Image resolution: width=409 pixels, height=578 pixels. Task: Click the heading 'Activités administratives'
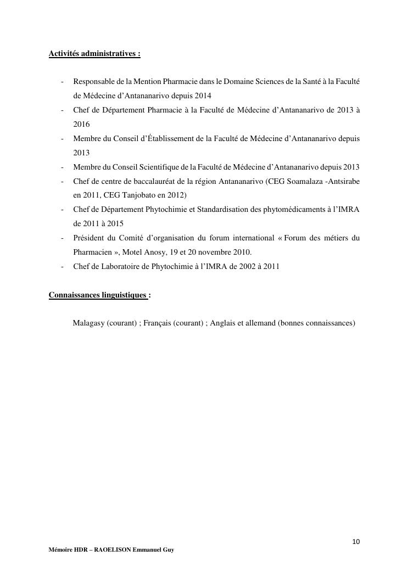pos(94,54)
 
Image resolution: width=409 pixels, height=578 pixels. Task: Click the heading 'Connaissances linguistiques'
pos(98,295)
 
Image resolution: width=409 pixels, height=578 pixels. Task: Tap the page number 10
pos(356,542)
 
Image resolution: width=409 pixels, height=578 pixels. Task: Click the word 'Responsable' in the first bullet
pos(94,81)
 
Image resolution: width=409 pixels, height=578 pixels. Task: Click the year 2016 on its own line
pos(81,125)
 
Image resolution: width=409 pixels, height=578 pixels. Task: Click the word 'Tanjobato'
pos(141,195)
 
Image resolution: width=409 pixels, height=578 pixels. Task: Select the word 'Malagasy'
pos(89,323)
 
